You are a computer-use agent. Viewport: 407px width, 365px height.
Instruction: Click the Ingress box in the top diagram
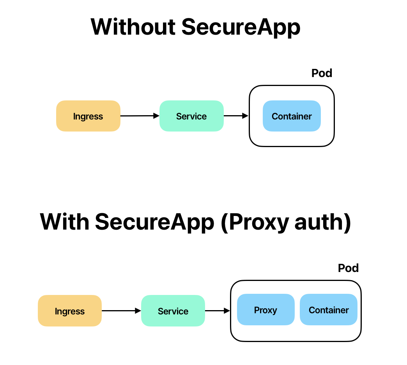click(x=88, y=116)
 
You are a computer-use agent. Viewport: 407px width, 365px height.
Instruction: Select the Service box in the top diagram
click(x=191, y=116)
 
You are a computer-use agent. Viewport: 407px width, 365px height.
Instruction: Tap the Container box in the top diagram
click(x=292, y=116)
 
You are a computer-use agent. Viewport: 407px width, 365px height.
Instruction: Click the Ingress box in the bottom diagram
click(x=70, y=311)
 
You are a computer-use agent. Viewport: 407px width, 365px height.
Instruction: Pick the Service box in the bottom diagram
click(x=173, y=311)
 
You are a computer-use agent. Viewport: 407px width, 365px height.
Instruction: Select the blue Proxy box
click(x=265, y=309)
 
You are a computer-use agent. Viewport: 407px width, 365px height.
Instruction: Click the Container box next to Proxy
click(x=329, y=309)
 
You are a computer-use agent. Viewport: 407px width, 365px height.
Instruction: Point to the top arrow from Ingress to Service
click(x=138, y=116)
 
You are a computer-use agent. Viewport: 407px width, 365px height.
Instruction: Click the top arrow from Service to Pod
click(x=235, y=116)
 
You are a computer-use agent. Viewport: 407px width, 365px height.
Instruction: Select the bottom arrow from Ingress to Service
click(x=120, y=311)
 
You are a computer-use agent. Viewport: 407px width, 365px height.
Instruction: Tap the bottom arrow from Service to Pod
click(x=217, y=311)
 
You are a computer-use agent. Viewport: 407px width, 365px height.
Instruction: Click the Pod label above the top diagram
click(x=322, y=73)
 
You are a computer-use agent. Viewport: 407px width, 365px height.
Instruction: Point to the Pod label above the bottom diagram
click(x=348, y=268)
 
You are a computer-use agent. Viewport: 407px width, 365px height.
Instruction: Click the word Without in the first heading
click(x=133, y=27)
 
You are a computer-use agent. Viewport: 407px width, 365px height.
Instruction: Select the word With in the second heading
click(x=65, y=222)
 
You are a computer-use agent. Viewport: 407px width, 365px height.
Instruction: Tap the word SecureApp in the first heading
click(x=241, y=27)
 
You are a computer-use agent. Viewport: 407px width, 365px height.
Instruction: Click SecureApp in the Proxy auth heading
click(x=155, y=222)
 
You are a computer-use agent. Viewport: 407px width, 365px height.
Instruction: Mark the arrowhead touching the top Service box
click(x=156, y=116)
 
